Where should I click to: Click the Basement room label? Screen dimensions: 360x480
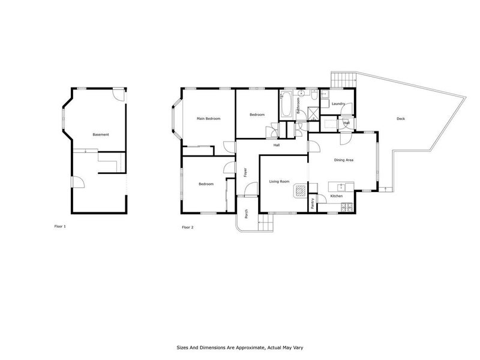[101, 134]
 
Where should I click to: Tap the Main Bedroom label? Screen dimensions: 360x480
[209, 119]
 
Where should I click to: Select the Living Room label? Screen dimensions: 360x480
[279, 181]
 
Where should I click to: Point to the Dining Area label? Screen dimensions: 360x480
[344, 160]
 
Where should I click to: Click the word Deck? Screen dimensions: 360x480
[401, 119]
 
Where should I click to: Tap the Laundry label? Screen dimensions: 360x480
[338, 104]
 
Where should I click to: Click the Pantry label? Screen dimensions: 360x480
[313, 203]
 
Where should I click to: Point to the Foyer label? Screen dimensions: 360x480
[246, 172]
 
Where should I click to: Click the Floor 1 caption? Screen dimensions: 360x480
[60, 227]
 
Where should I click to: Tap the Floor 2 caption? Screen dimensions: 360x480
[188, 227]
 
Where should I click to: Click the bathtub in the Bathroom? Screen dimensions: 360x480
[286, 104]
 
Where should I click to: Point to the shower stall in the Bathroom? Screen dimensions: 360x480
[314, 113]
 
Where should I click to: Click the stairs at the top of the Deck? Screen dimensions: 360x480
[344, 79]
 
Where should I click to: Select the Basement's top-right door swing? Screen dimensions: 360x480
[119, 94]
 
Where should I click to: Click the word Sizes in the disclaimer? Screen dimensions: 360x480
[183, 347]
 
